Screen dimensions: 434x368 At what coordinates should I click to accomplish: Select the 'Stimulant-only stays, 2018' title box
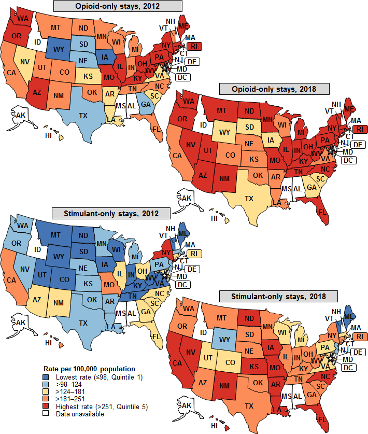point(278,296)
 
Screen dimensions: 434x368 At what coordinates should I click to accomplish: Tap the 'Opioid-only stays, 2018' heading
point(274,89)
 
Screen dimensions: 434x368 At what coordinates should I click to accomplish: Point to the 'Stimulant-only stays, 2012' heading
point(111,213)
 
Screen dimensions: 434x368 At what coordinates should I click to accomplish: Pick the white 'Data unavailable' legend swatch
point(46,414)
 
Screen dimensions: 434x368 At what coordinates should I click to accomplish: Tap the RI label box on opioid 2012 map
point(194,46)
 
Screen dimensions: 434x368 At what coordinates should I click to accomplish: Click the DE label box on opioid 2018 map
point(358,144)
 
